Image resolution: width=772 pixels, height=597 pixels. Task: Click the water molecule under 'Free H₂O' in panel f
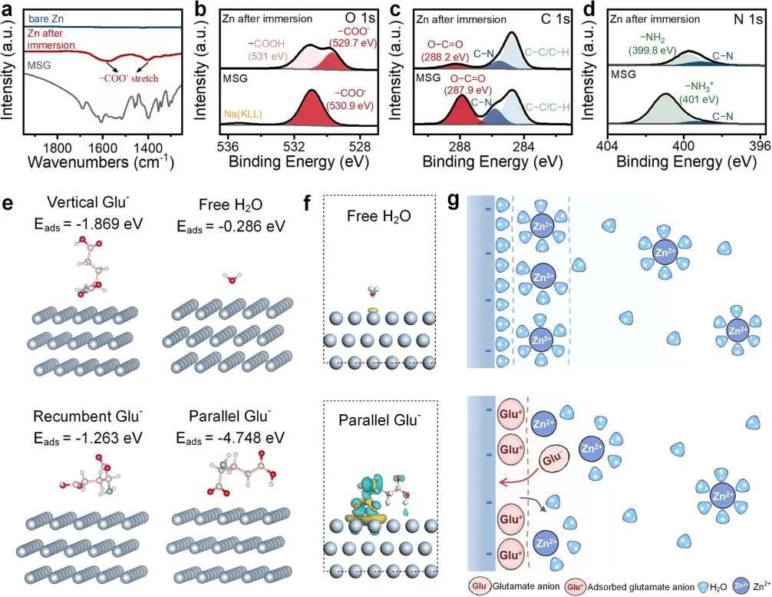(x=374, y=291)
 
